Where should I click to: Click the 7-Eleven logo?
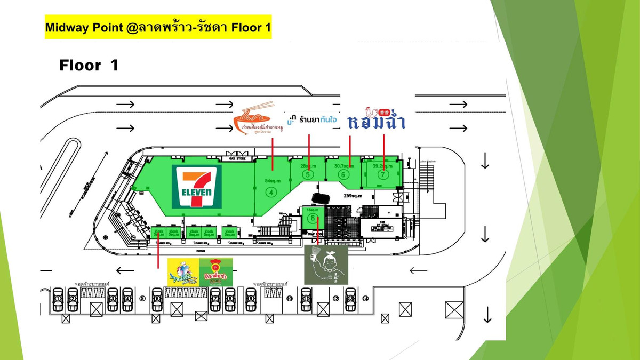(196, 187)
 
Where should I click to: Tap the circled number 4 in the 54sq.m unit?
(272, 192)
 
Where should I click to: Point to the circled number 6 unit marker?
(344, 174)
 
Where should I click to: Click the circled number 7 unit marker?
(382, 174)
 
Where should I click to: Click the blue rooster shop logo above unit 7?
(377, 119)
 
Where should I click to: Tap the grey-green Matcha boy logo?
(325, 265)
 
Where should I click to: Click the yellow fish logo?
(182, 271)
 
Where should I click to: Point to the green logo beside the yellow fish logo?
(216, 271)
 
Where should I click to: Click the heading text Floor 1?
(88, 66)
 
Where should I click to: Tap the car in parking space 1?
(58, 299)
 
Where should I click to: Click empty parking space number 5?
(142, 299)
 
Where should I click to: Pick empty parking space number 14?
(365, 298)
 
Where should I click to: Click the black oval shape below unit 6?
(319, 197)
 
